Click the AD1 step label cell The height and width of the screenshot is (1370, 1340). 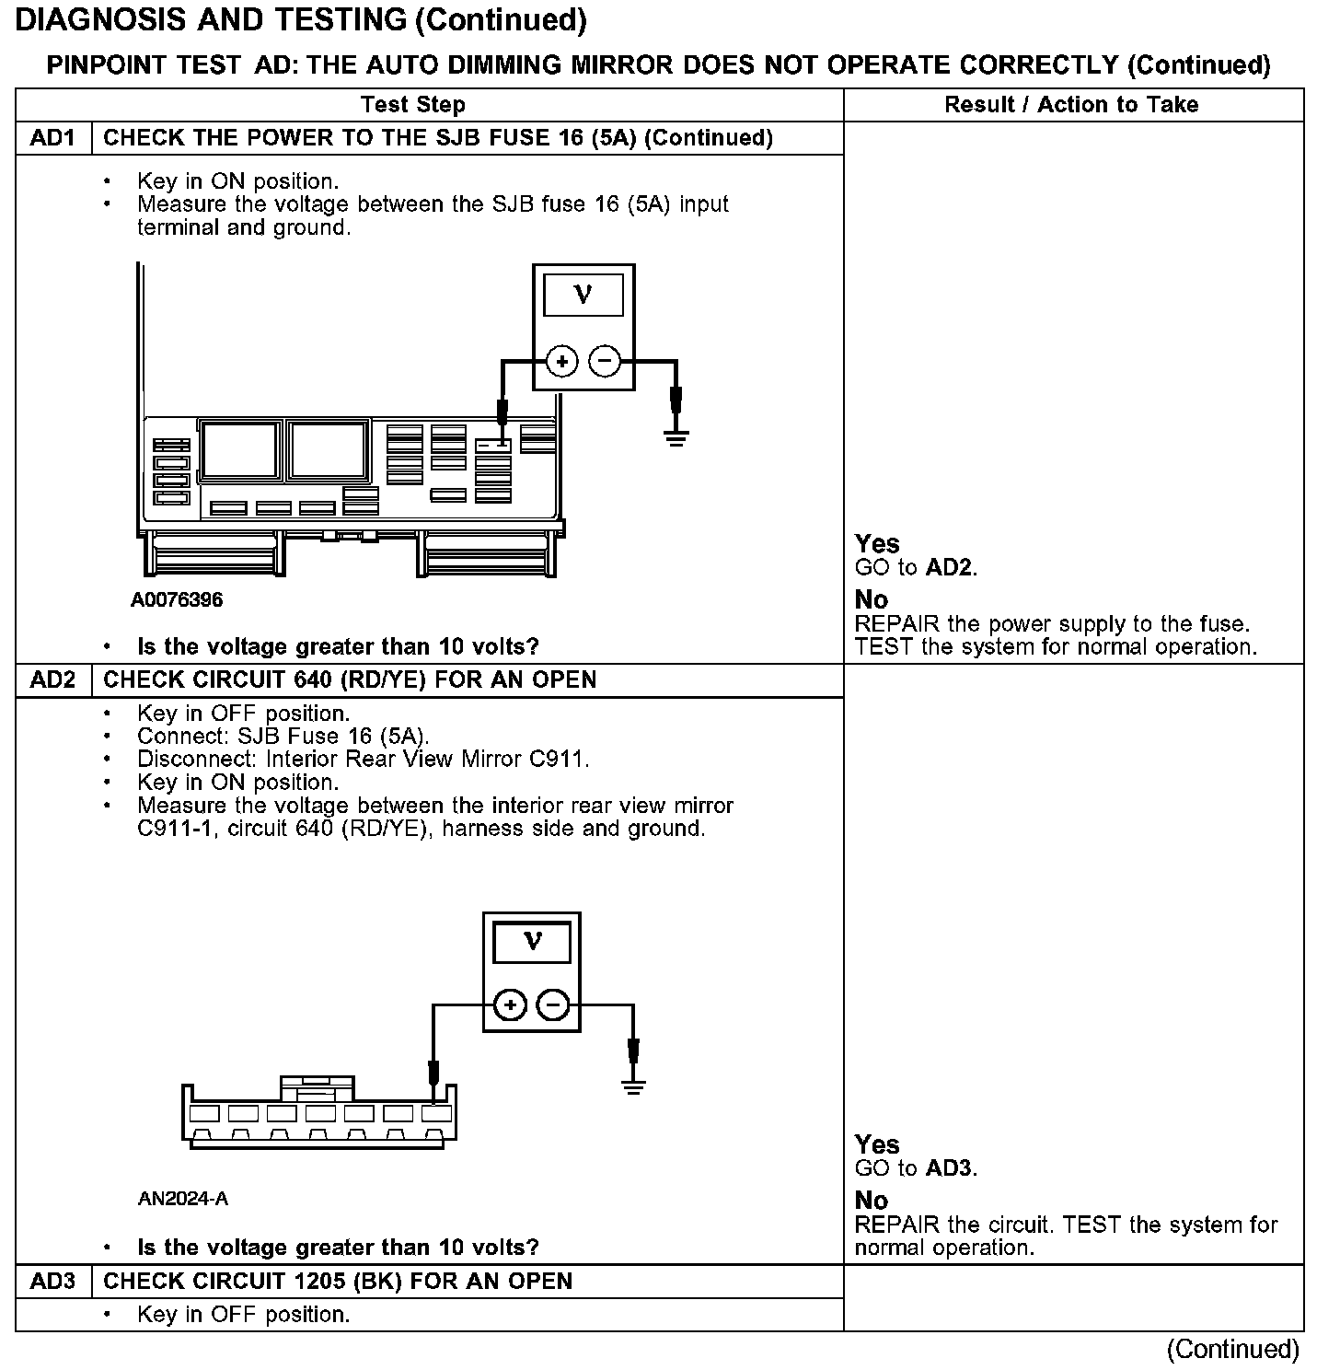[52, 138]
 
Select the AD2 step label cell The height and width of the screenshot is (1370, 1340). [52, 680]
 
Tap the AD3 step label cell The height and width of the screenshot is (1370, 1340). [52, 1282]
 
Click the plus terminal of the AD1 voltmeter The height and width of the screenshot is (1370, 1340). [561, 362]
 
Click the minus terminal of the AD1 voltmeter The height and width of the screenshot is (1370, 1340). [605, 362]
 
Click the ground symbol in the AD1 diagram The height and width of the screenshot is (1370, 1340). [676, 436]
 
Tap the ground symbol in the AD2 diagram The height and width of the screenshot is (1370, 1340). [633, 1086]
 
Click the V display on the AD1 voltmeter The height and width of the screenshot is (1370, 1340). [583, 296]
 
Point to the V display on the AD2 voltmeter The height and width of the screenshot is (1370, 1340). [532, 942]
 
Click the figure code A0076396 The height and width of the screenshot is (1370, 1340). [177, 600]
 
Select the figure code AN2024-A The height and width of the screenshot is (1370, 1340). [182, 1199]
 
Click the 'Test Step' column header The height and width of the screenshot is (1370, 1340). [412, 105]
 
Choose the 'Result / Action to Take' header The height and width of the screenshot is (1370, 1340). [1071, 105]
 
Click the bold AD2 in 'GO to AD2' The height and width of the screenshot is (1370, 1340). [949, 568]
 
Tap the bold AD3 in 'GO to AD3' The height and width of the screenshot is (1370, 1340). [949, 1169]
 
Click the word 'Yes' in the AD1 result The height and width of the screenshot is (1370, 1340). [877, 544]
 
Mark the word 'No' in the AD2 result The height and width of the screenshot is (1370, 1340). [871, 1201]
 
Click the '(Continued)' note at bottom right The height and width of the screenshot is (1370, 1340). [1232, 1350]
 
